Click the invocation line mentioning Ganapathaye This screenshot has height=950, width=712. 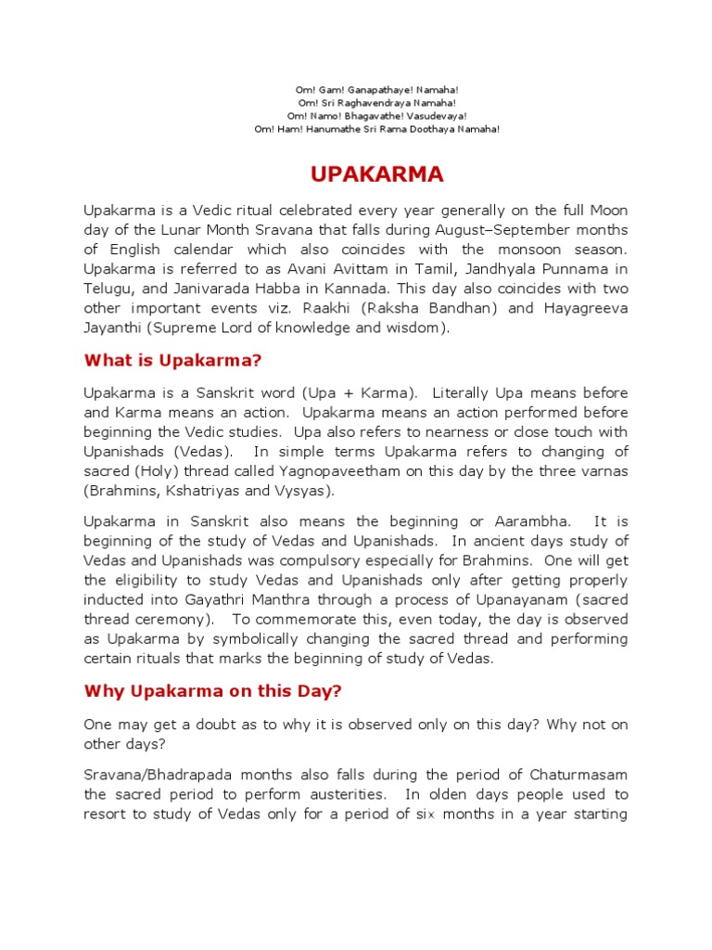tap(376, 89)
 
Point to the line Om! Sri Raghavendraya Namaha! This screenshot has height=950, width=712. tap(376, 103)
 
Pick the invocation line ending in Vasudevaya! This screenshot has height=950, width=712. tap(376, 116)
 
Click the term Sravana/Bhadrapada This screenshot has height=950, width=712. tap(156, 775)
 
